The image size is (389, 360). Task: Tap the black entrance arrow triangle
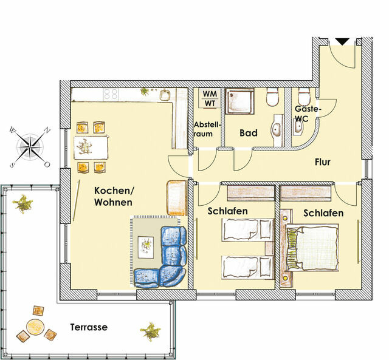[x=342, y=41]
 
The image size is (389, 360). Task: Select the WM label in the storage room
[x=209, y=94]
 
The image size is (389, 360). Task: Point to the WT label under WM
[x=209, y=103]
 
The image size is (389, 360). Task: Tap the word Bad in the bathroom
[x=248, y=133]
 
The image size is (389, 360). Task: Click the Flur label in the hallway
[x=323, y=162]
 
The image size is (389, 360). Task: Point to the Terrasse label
[x=89, y=327]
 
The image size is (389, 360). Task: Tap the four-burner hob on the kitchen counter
[x=111, y=93]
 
